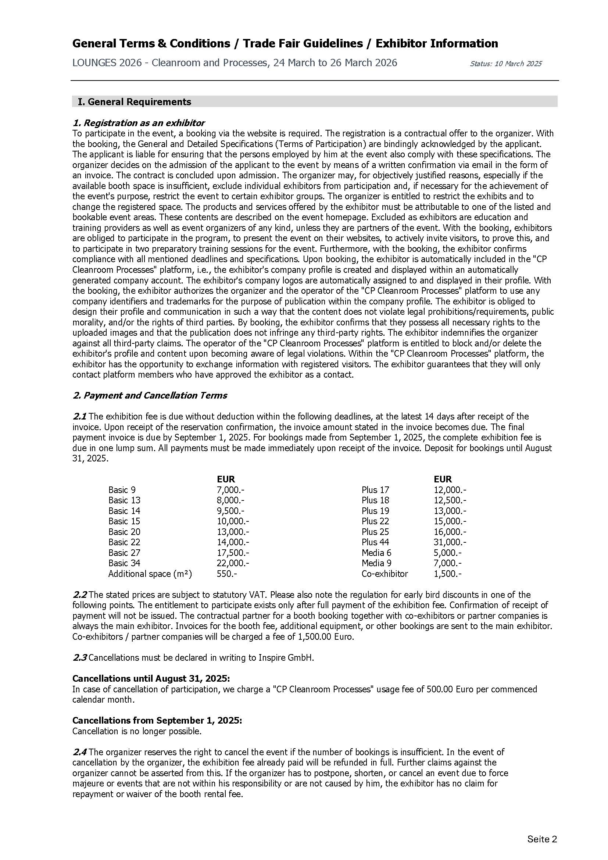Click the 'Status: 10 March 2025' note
pos(505,64)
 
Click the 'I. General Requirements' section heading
pos(135,102)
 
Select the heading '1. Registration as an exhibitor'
pos(139,123)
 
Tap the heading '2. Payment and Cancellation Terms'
pos(150,396)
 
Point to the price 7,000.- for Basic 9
pos(230,490)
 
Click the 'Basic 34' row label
pos(124,563)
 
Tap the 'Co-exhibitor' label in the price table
pos(385,574)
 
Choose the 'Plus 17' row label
pos(375,490)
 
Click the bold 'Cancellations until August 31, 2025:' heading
pos(157,679)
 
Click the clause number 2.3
pos(79,658)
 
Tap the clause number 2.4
pos(79,752)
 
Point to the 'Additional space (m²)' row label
pos(150,574)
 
